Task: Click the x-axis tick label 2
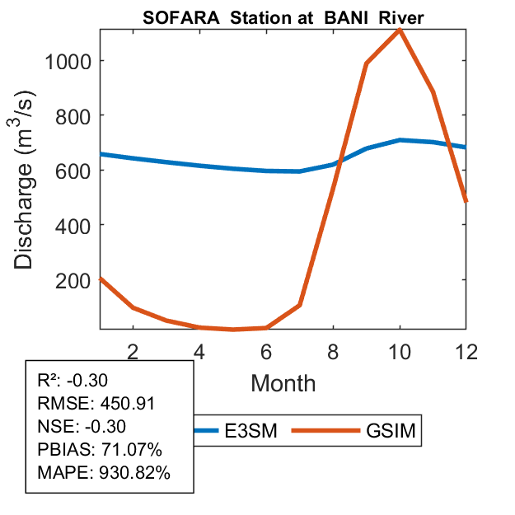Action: pos(133,350)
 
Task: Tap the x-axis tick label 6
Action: pos(266,350)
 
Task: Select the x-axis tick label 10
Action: pos(399,350)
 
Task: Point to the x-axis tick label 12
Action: pos(466,350)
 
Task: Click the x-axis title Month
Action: pos(283,383)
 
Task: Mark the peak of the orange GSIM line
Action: pos(400,30)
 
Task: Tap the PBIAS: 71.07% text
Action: pos(100,450)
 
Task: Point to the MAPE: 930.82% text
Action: pos(104,473)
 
